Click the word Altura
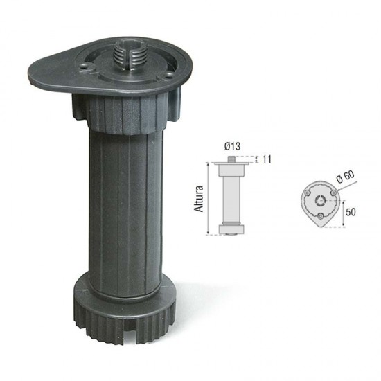[x=200, y=198]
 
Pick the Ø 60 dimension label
[x=344, y=179]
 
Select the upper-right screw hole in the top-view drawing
[x=333, y=193]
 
